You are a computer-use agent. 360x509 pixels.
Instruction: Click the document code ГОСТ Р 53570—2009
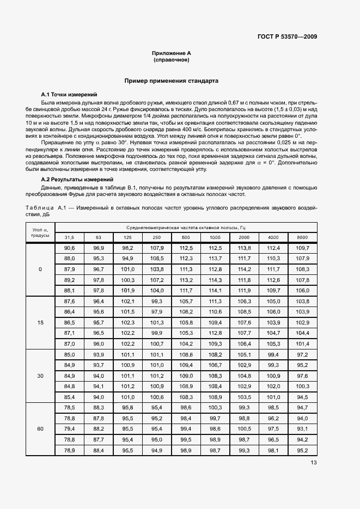[x=287, y=37]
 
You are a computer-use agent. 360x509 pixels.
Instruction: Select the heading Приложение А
[x=171, y=53]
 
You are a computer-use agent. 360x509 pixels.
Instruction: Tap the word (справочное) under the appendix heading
[x=171, y=60]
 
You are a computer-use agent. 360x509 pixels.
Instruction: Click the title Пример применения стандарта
[x=171, y=81]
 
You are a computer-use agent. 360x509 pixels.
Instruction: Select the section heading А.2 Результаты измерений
[x=77, y=179]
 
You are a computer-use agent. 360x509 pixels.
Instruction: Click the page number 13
[x=313, y=463]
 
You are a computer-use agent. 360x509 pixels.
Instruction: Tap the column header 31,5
[x=70, y=237]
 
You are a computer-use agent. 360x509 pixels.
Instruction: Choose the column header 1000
[x=215, y=237]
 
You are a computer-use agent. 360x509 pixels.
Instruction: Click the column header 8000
[x=302, y=237]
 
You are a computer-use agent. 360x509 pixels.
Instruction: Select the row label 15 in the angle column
[x=40, y=323]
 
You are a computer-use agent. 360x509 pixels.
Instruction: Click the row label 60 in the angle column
[x=40, y=429]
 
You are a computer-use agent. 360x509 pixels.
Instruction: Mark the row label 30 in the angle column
[x=40, y=376]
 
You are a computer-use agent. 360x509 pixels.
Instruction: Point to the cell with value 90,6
[x=70, y=248]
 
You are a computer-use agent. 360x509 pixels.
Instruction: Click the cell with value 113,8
[x=244, y=248]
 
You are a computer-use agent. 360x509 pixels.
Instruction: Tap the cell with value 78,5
[x=70, y=408]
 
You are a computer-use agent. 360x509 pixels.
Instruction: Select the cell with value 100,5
[x=244, y=429]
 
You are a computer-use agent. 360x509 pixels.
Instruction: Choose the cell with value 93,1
[x=302, y=429]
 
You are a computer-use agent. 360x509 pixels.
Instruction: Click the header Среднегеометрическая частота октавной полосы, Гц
[x=186, y=227]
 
